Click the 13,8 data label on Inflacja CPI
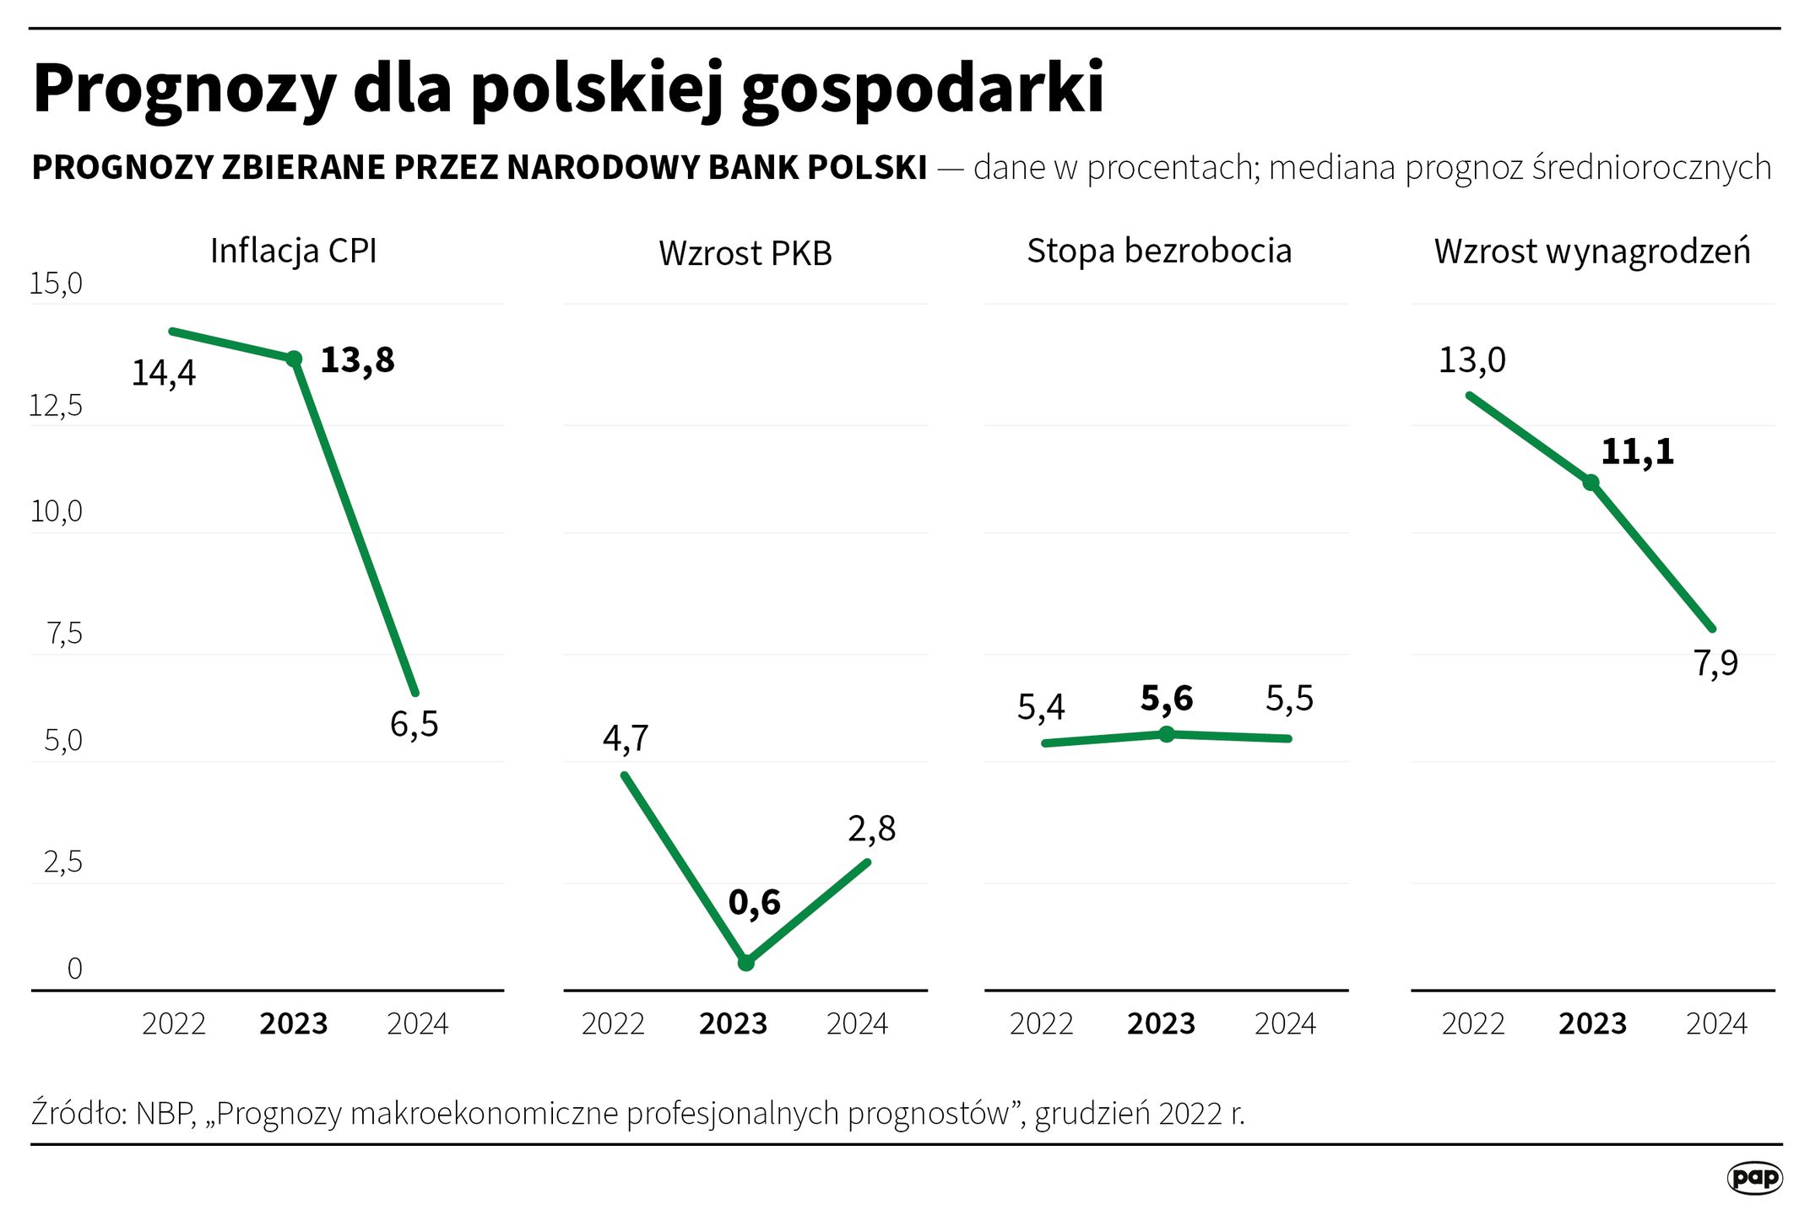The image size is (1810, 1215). point(357,360)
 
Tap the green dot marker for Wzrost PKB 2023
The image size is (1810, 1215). point(745,962)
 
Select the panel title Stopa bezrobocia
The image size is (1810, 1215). point(1158,251)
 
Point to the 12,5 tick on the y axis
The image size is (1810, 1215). point(56,406)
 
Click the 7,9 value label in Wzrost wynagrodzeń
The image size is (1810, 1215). point(1715,664)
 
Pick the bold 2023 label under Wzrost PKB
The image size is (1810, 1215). point(733,1023)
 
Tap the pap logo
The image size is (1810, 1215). point(1754,1177)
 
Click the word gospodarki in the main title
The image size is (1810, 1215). point(923,89)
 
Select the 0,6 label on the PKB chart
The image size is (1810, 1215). point(754,903)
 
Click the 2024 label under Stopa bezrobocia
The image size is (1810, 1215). point(1285,1023)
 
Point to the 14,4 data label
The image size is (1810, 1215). point(163,373)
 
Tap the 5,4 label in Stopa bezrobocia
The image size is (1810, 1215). point(1040,707)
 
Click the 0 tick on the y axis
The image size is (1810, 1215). point(74,969)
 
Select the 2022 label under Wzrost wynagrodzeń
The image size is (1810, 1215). point(1472,1023)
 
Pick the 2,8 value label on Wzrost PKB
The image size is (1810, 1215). point(871,829)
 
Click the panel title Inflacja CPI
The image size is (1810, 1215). point(293,251)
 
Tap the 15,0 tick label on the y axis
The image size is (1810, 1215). point(56,284)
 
